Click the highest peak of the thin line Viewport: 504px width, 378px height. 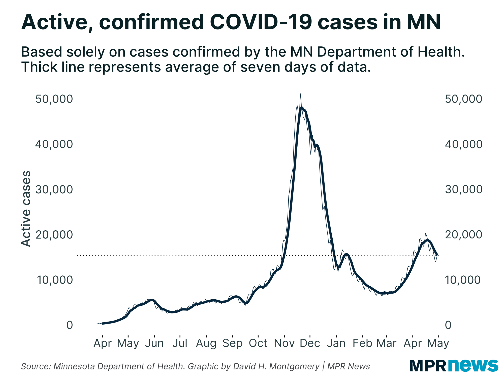tap(300, 94)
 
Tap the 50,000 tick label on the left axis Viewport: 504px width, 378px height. tap(54, 99)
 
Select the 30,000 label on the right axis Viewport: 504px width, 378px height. tap(463, 189)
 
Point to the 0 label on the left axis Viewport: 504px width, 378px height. tap(70, 325)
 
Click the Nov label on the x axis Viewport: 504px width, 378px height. tap(284, 343)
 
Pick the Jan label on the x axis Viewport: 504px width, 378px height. tap(336, 343)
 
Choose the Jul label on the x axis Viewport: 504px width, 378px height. tap(180, 343)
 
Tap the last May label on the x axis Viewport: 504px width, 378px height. tap(438, 343)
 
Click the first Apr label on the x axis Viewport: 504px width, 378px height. tap(103, 343)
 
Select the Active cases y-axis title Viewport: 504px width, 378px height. tap(26, 209)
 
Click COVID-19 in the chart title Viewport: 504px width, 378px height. tap(261, 22)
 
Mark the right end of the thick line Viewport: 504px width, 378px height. tap(438, 255)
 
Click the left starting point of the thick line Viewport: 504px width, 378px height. tap(102, 323)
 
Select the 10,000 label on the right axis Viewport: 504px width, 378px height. tap(463, 280)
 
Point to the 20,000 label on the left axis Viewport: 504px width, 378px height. tap(54, 235)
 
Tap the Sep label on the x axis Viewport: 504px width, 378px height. tap(232, 343)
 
